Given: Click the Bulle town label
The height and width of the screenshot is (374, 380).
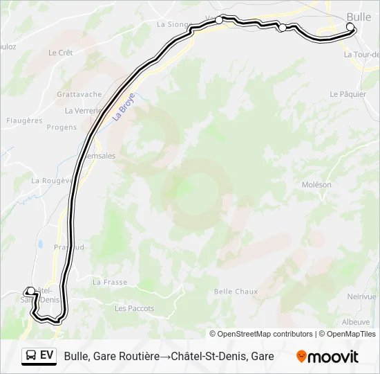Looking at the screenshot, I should click(359, 17).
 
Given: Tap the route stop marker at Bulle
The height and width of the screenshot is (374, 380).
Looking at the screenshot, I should click(350, 27).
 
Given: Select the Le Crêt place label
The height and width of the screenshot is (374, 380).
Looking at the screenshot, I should click(61, 53).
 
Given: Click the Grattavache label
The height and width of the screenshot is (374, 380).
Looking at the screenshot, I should click(79, 94).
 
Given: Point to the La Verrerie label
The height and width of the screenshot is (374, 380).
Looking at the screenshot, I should click(83, 110).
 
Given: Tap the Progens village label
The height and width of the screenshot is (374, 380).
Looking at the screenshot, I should click(61, 127).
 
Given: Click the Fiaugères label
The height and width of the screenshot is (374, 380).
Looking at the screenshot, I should click(24, 121).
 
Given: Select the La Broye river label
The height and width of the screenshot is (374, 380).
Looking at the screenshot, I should click(124, 107).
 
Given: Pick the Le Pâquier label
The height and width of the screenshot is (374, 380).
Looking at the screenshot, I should click(348, 94).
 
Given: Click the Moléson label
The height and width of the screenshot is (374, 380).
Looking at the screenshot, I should click(316, 185).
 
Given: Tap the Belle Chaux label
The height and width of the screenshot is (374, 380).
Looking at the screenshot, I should click(236, 292).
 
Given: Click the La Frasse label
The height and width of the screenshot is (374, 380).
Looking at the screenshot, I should click(109, 282).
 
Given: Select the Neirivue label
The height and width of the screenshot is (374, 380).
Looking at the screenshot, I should click(362, 296).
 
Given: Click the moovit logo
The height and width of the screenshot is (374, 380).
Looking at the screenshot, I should click(327, 357).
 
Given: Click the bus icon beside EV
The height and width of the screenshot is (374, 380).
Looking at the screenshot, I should click(30, 356).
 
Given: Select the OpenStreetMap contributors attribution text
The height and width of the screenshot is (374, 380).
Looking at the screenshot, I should click(261, 334).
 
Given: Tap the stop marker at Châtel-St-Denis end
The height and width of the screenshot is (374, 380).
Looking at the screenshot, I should click(30, 292).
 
